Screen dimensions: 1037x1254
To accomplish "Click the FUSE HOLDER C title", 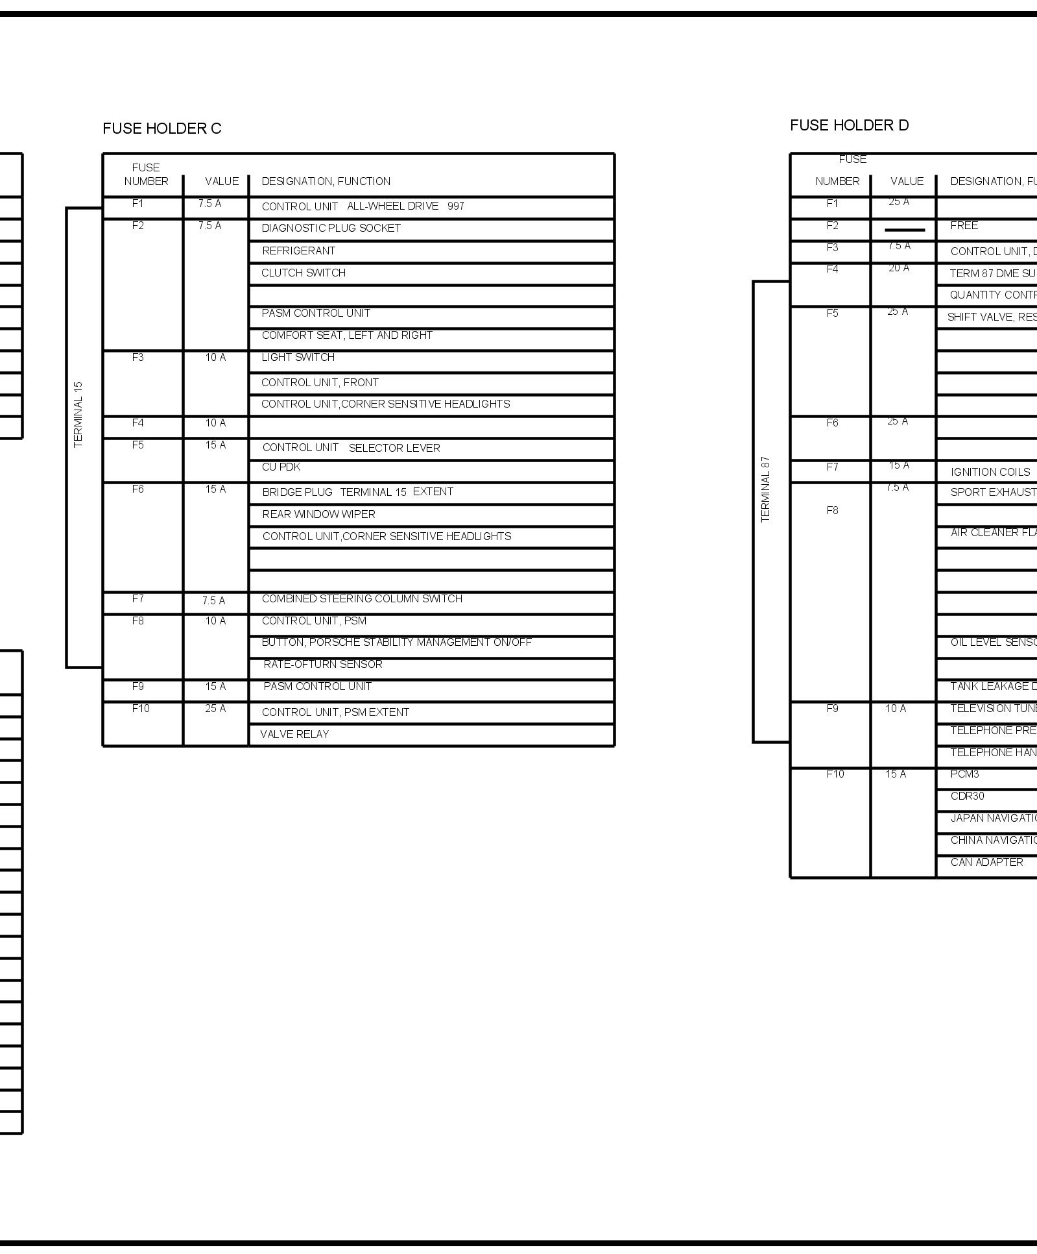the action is pos(161,129).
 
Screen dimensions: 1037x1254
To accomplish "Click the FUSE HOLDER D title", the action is pos(849,125).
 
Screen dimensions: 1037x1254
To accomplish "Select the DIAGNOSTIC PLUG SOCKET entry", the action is pos(331,228).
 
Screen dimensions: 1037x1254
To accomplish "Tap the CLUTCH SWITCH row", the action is pos(303,273).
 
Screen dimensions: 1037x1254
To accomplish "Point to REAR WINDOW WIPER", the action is pos(318,514).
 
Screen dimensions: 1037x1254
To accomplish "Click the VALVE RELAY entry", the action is pos(294,734).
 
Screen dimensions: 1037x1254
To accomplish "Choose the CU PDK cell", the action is pos(281,467).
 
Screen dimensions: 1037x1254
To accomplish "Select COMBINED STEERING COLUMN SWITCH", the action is pos(362,598).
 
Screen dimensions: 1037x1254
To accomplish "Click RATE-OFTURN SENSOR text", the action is pos(322,664).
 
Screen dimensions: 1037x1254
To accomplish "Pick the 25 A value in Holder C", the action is pos(215,708).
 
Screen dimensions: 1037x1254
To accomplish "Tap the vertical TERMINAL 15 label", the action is pos(78,414).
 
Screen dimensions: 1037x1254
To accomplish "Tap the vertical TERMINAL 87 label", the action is pos(766,489).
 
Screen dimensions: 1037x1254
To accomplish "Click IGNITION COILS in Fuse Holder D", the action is pos(990,472).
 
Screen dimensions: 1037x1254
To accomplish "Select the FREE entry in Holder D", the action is pos(964,225).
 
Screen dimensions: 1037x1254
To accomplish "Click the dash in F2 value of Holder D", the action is pos(904,230).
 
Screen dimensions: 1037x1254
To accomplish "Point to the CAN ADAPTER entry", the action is pos(986,862).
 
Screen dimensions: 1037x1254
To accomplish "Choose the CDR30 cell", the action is pos(967,796).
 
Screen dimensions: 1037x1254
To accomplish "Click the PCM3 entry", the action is pos(964,774).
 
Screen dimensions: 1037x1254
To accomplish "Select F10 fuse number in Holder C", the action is pos(141,708).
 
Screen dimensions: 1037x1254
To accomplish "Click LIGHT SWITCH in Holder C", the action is pos(298,357).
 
